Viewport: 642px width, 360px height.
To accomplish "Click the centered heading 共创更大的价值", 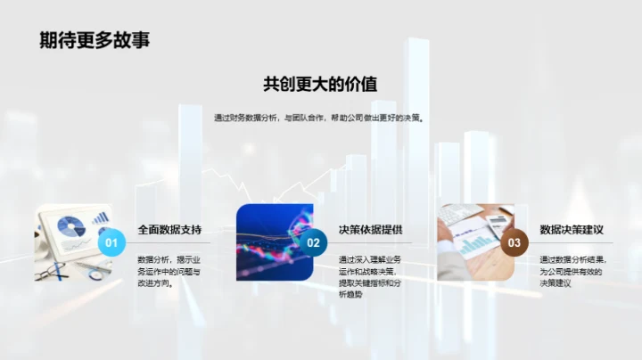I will [320, 85].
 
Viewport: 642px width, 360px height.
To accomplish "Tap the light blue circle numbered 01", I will [111, 242].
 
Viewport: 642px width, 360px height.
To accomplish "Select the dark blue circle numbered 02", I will [313, 242].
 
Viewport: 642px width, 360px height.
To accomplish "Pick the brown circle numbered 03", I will [514, 242].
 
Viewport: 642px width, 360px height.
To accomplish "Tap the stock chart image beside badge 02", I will [272, 242].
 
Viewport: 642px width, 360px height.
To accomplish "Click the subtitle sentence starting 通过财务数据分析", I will [320, 118].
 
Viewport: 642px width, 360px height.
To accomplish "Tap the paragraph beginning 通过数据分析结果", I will [572, 272].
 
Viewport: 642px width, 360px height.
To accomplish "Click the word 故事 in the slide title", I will [132, 39].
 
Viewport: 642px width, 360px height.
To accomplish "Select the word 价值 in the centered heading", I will [359, 85].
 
